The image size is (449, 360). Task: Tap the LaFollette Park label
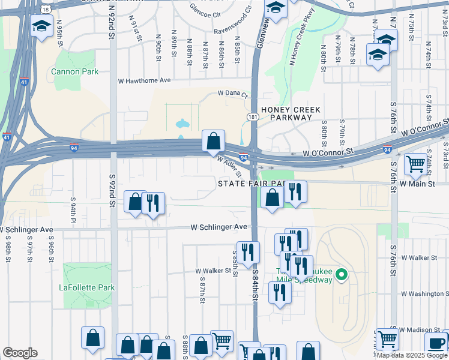click(x=86, y=287)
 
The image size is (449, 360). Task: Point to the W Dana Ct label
click(x=232, y=94)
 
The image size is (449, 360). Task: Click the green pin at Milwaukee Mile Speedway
click(x=342, y=275)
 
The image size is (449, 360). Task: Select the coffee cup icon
click(x=436, y=343)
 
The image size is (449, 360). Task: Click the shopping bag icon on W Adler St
click(x=213, y=142)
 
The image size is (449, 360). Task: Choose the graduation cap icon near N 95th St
click(x=41, y=27)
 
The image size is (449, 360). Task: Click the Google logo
click(x=20, y=353)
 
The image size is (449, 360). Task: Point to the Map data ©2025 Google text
click(x=411, y=355)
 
